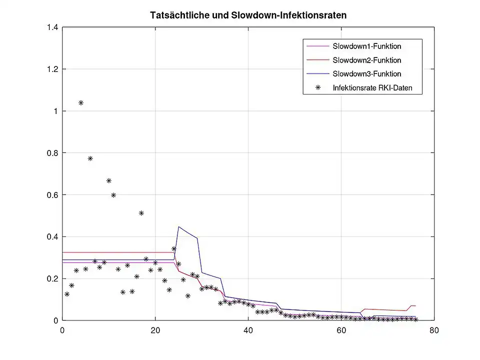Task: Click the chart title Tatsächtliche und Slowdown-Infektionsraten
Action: (x=248, y=15)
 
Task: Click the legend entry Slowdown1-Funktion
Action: (x=366, y=46)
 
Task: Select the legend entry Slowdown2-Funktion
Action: (x=366, y=60)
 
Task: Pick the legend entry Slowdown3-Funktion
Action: (x=366, y=73)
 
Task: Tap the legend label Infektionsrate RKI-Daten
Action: (x=371, y=88)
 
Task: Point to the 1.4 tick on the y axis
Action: (x=52, y=27)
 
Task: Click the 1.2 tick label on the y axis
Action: (x=52, y=69)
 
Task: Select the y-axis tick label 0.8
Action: (x=52, y=153)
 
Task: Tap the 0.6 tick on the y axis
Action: (x=52, y=195)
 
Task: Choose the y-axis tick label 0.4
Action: (x=52, y=236)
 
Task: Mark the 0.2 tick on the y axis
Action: (x=52, y=278)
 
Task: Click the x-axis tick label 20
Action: (x=155, y=330)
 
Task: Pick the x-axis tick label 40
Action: (x=248, y=330)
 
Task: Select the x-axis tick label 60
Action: (x=341, y=330)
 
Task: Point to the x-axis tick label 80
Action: (x=434, y=330)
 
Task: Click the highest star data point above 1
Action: (x=81, y=103)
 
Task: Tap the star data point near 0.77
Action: (x=90, y=158)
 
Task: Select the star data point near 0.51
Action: (x=141, y=213)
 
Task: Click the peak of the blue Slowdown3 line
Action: (x=178, y=226)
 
